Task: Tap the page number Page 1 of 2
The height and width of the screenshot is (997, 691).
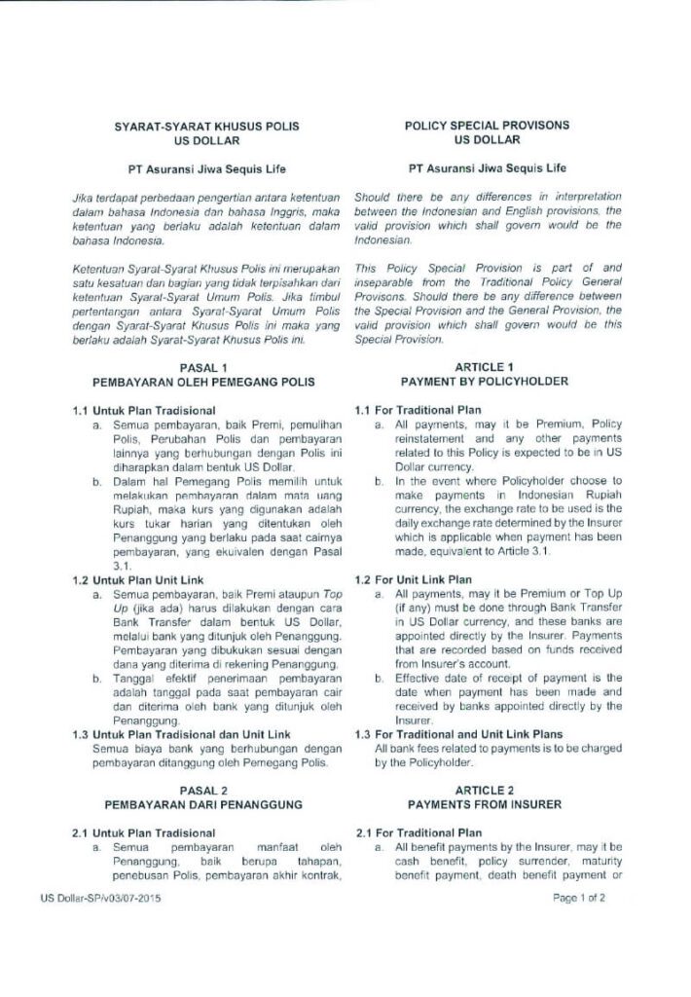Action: click(579, 898)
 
